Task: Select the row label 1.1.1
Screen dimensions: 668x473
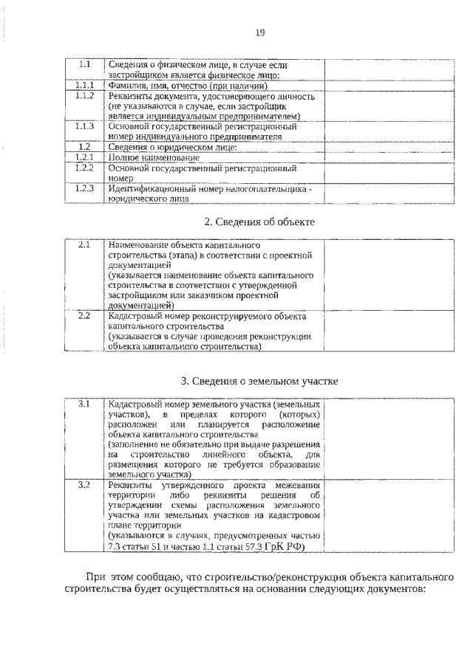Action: point(84,86)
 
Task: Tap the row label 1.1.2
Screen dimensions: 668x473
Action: point(84,97)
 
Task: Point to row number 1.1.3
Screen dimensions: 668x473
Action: point(84,126)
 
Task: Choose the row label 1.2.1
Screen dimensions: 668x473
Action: point(84,157)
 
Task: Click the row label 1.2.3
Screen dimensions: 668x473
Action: point(84,188)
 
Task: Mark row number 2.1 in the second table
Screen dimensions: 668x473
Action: point(84,244)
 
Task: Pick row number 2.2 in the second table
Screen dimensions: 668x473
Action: point(84,316)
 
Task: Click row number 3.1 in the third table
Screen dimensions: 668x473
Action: point(84,404)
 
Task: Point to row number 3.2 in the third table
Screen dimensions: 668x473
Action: point(84,485)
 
